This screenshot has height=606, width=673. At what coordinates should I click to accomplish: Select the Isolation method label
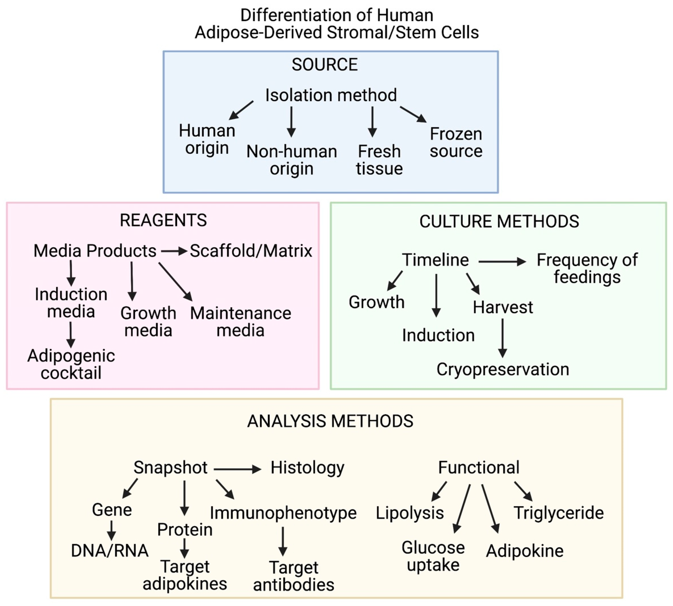pos(331,95)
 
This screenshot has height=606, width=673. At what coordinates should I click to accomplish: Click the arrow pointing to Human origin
pos(241,110)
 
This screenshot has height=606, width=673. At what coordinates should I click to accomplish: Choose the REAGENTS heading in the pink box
pos(163,221)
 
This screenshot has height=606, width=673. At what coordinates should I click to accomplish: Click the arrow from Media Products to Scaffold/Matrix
pos(174,251)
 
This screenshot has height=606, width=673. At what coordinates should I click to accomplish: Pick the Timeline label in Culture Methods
pos(435,260)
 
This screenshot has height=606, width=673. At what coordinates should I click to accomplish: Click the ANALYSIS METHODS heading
pos(330,421)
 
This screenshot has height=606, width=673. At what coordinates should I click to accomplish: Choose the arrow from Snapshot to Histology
pos(237,469)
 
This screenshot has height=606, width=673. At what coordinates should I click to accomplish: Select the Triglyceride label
pos(558,513)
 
